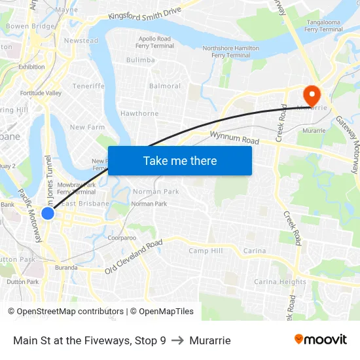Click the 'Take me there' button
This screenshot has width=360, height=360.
pos(180,160)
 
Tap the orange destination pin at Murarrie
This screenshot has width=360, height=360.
pos(312,94)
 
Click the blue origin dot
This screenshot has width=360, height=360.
pos(48,213)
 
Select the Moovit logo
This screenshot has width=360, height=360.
pos(321,340)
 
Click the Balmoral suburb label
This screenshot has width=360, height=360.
pos(165,86)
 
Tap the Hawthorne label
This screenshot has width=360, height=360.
pos(139,113)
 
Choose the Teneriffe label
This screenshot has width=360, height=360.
pos(88,86)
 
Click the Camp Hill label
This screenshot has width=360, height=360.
pos(206,251)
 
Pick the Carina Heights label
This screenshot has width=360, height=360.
pos(280,282)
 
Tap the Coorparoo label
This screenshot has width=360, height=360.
pos(122,238)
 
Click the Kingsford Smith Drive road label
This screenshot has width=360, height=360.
pos(145,14)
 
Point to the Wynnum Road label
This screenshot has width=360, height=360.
pos(234,138)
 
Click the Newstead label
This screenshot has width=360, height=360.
pos(81,41)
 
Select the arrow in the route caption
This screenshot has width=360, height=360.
pos(177,340)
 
